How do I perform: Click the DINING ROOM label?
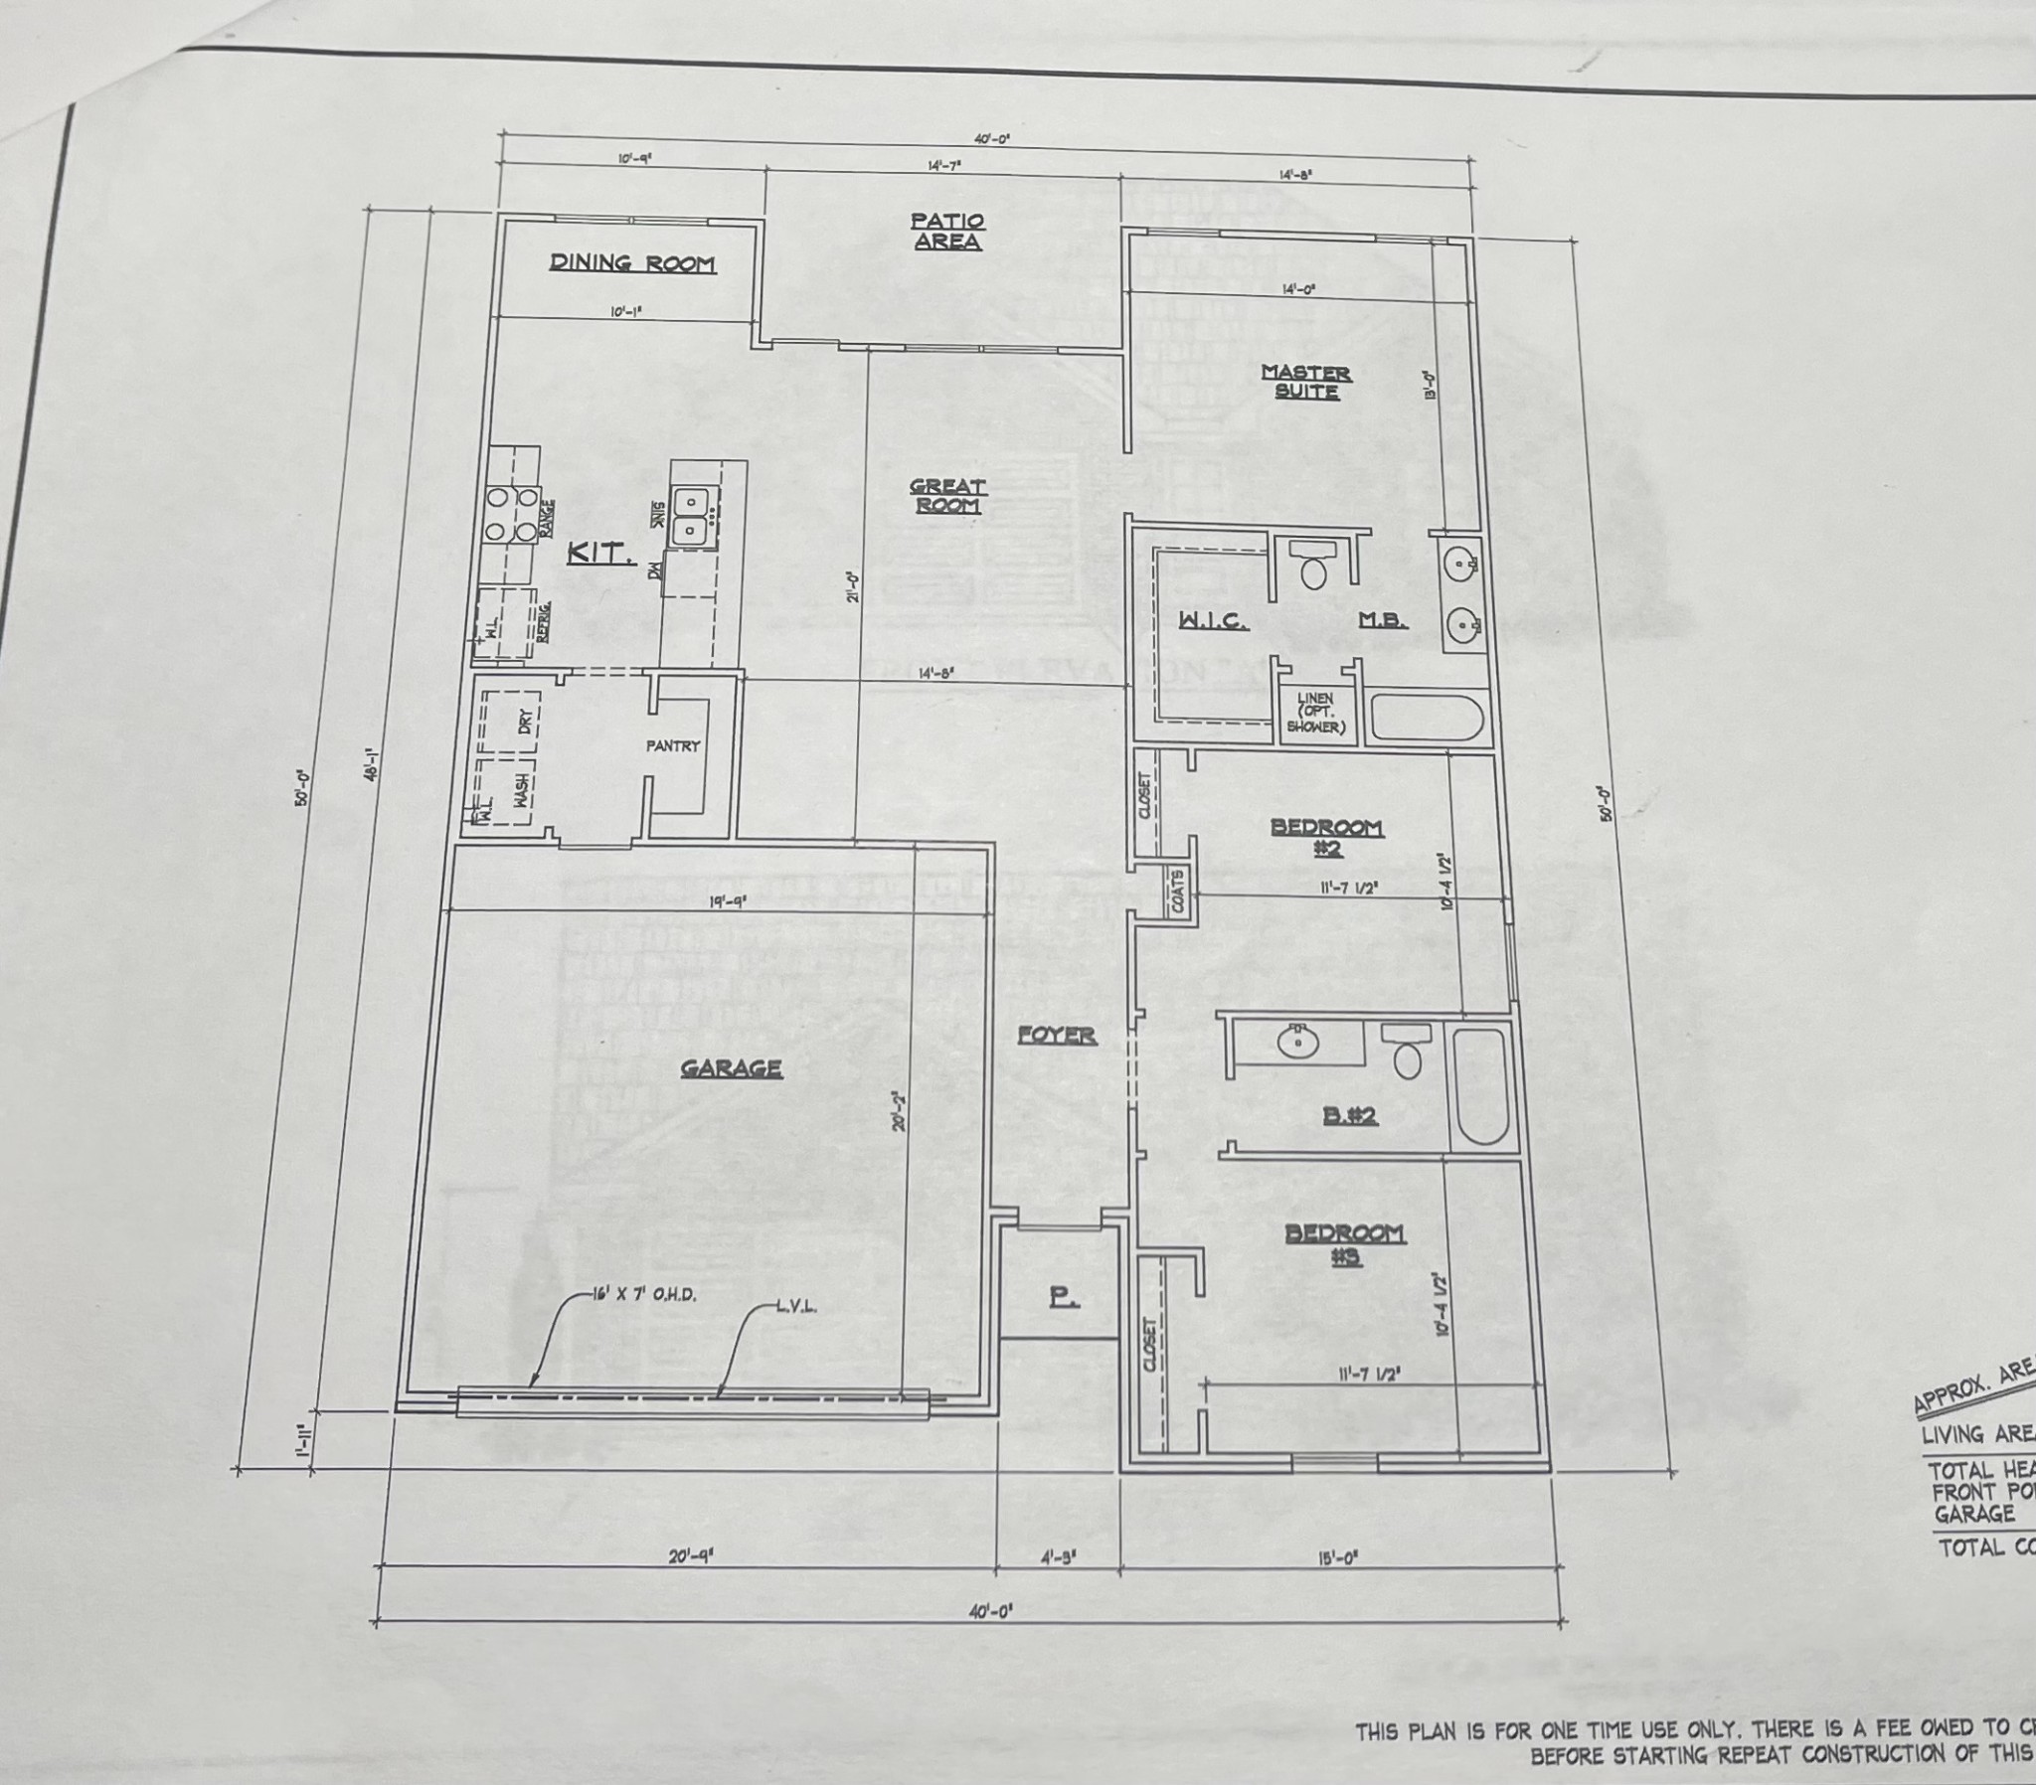click(x=632, y=264)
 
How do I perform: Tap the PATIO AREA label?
click(x=947, y=232)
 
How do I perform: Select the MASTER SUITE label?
click(x=1306, y=382)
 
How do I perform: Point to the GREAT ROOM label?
click(x=947, y=496)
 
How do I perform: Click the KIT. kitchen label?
click(x=600, y=553)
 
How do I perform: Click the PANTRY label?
click(x=673, y=745)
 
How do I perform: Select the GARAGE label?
click(x=731, y=1068)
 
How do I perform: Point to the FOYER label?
click(x=1057, y=1036)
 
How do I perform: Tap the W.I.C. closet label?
click(x=1213, y=621)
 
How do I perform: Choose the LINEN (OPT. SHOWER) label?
click(x=1316, y=714)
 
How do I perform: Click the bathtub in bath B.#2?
click(x=1481, y=1086)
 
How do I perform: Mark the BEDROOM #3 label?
click(x=1345, y=1244)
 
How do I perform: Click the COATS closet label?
click(x=1178, y=891)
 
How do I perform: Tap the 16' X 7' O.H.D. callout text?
click(x=643, y=1296)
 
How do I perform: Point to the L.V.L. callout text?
click(x=797, y=1307)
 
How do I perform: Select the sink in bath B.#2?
click(x=1298, y=1042)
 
